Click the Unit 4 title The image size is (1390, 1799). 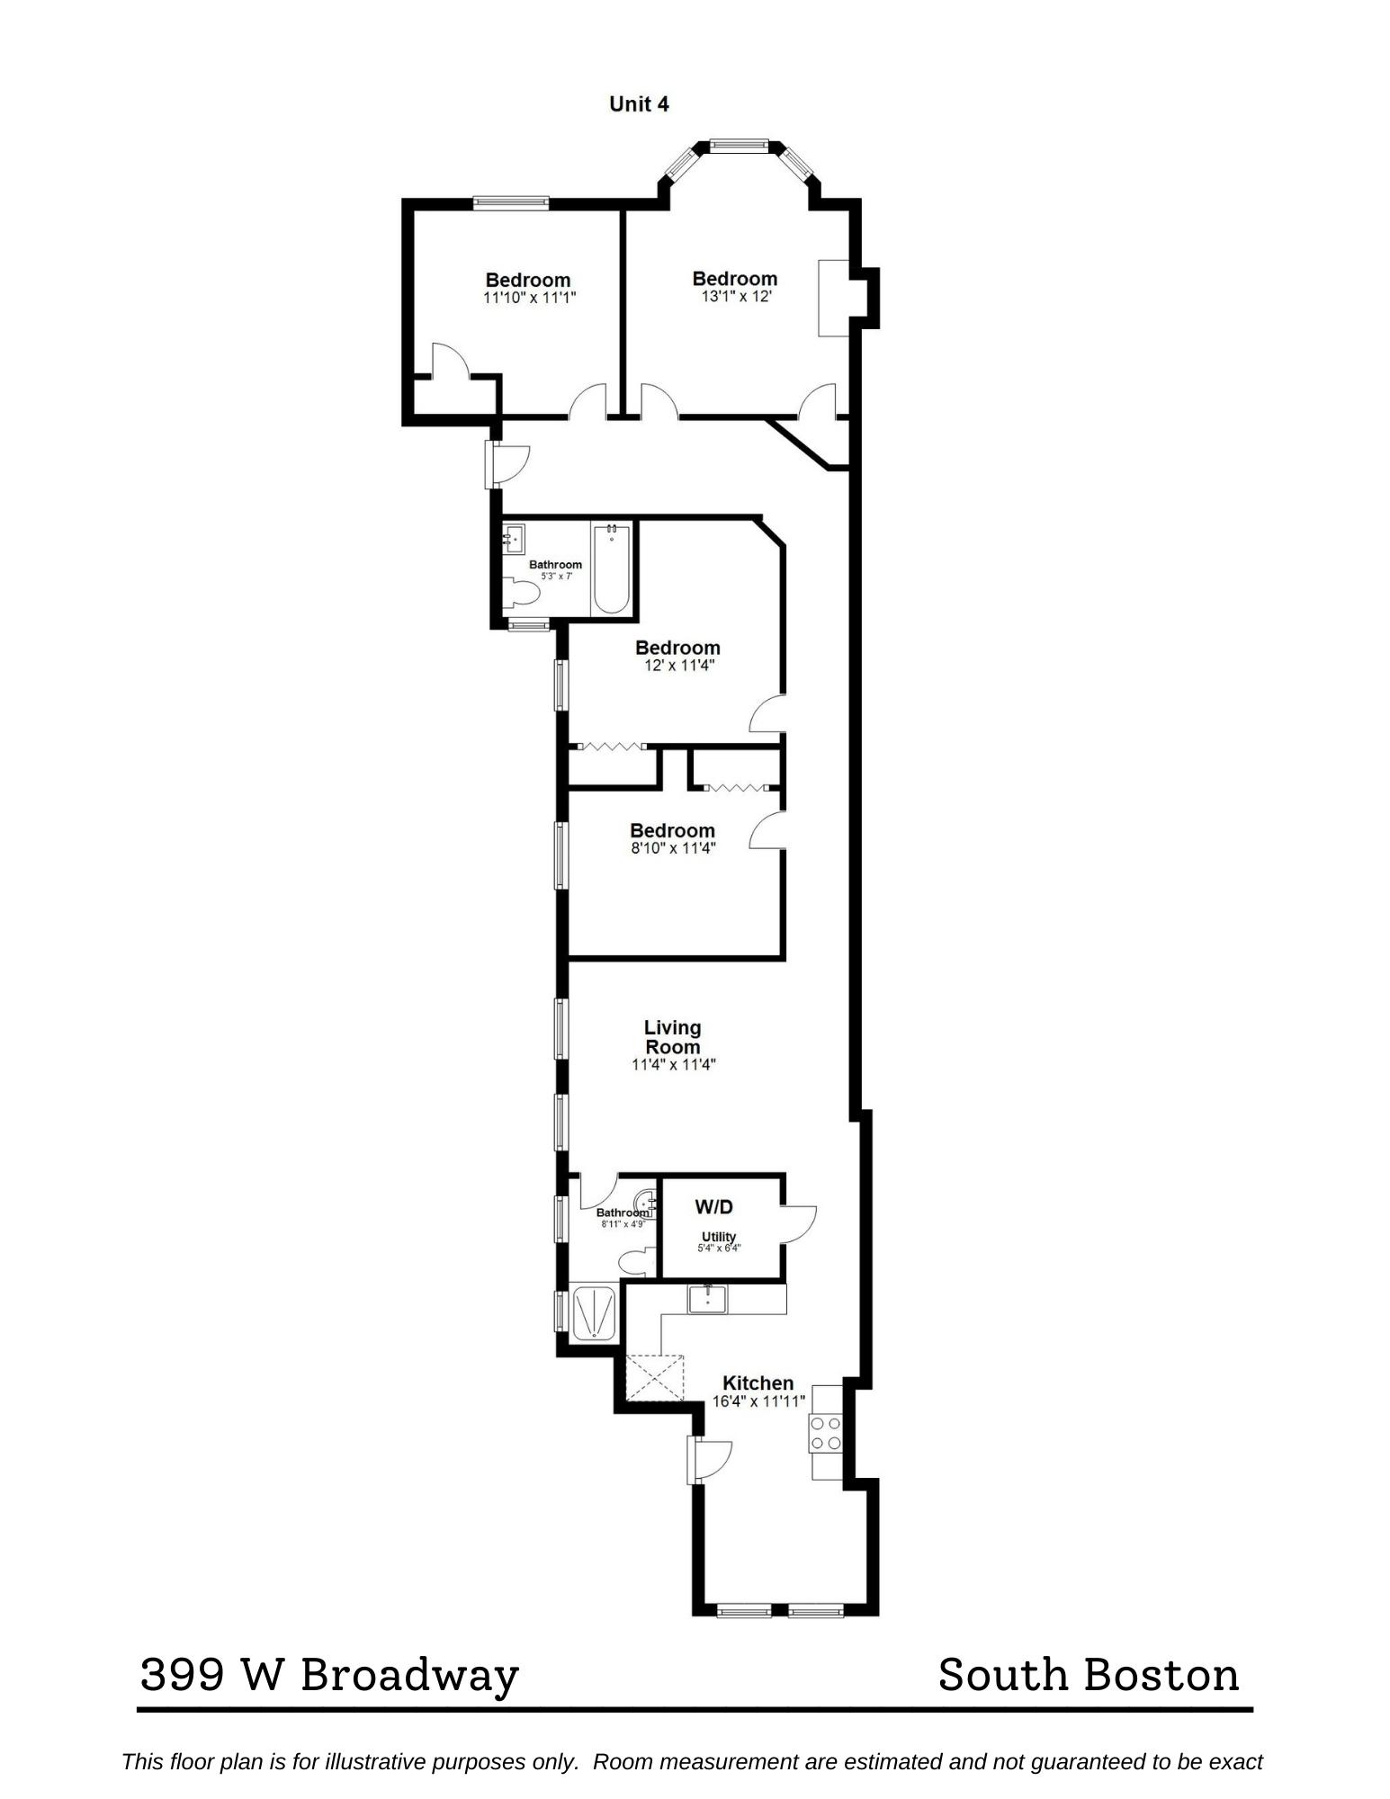(x=639, y=104)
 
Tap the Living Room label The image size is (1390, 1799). (x=673, y=1037)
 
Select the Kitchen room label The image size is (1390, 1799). (x=758, y=1383)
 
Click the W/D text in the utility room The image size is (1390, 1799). (x=714, y=1207)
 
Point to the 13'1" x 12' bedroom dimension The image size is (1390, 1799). (x=737, y=296)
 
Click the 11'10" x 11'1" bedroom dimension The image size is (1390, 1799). (x=529, y=298)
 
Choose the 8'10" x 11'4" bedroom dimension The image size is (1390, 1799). (x=673, y=848)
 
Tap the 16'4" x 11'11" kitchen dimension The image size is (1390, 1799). (x=758, y=1401)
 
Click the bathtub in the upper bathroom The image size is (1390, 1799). (x=611, y=569)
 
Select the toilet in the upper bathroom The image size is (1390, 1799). (x=521, y=592)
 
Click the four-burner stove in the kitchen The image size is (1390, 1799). (x=826, y=1434)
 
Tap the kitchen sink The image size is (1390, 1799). (x=708, y=1300)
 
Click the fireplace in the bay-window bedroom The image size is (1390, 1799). (x=834, y=299)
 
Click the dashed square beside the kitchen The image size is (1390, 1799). (x=654, y=1378)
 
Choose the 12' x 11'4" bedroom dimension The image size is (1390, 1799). (x=678, y=666)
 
